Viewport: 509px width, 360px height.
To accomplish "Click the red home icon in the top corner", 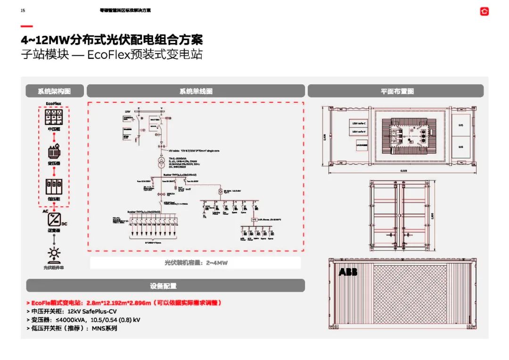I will point(484,11).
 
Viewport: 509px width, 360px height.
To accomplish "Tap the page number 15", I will point(23,10).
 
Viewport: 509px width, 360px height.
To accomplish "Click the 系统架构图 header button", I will point(54,91).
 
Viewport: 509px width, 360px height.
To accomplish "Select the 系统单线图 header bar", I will point(196,91).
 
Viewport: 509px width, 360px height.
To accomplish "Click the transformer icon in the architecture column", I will point(54,152).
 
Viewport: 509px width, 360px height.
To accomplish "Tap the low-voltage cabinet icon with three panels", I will point(54,187).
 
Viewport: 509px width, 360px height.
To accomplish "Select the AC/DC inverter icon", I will point(54,220).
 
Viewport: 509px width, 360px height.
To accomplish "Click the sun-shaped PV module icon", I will point(54,254).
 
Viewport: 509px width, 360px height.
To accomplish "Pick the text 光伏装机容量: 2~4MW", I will point(196,263).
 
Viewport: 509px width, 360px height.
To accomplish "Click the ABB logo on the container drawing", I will point(348,272).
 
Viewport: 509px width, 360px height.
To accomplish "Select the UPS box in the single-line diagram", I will point(254,219).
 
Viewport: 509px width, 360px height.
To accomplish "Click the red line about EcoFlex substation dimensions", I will point(123,303).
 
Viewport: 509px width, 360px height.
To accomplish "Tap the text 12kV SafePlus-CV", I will point(92,311).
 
